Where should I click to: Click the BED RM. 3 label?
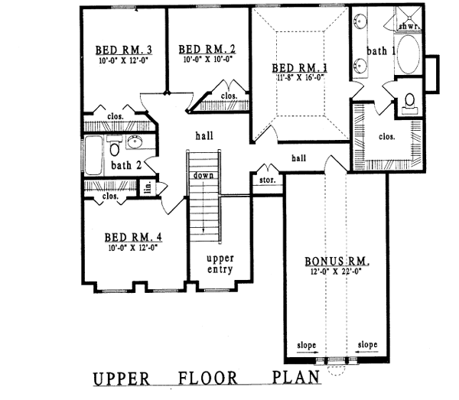pos(124,50)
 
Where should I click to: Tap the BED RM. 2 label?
pos(205,50)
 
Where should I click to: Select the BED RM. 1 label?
pos(301,68)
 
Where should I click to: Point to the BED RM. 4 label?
pos(133,237)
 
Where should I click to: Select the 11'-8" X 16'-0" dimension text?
pos(301,77)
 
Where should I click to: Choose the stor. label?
pos(268,180)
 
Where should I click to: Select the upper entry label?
pos(220,264)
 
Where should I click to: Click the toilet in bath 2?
pos(114,145)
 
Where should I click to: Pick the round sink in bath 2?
pos(136,142)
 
